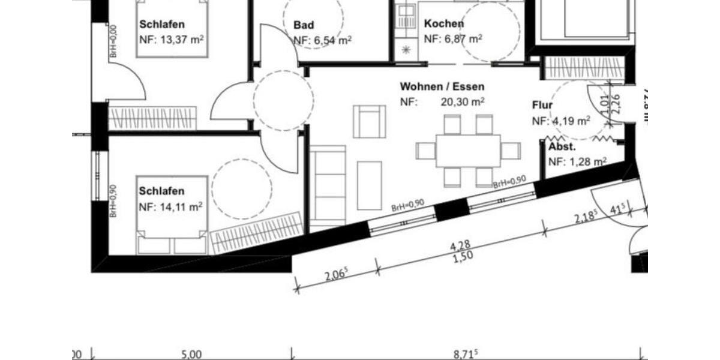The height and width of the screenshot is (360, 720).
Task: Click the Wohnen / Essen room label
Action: point(442,87)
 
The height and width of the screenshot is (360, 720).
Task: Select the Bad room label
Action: point(304,25)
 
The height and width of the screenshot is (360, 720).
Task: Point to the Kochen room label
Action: point(443,24)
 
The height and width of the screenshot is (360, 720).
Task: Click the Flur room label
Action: point(542,106)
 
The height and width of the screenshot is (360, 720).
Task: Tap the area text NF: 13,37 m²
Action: point(170,40)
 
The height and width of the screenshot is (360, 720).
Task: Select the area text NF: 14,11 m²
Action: point(170,207)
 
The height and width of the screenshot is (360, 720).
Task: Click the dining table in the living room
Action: point(468,151)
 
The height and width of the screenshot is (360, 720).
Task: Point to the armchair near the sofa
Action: point(369,121)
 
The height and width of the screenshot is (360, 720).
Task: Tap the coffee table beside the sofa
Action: point(369,184)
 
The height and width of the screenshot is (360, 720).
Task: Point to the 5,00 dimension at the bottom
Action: point(191,354)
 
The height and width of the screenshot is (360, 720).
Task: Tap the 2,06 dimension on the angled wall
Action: point(335,275)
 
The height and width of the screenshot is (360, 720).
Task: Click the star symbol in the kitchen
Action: point(405,50)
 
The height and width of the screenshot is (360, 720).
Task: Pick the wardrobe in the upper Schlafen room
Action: point(152,118)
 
